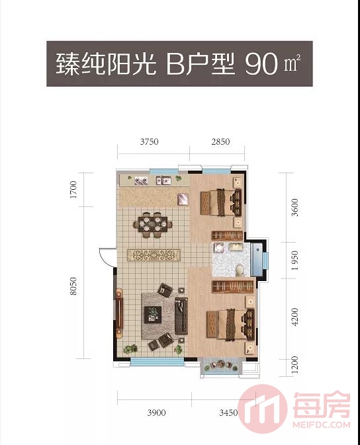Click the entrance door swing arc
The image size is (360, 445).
(x=106, y=254)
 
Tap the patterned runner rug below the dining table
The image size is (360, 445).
(x=154, y=255)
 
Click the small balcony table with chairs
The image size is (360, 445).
(x=220, y=368)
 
